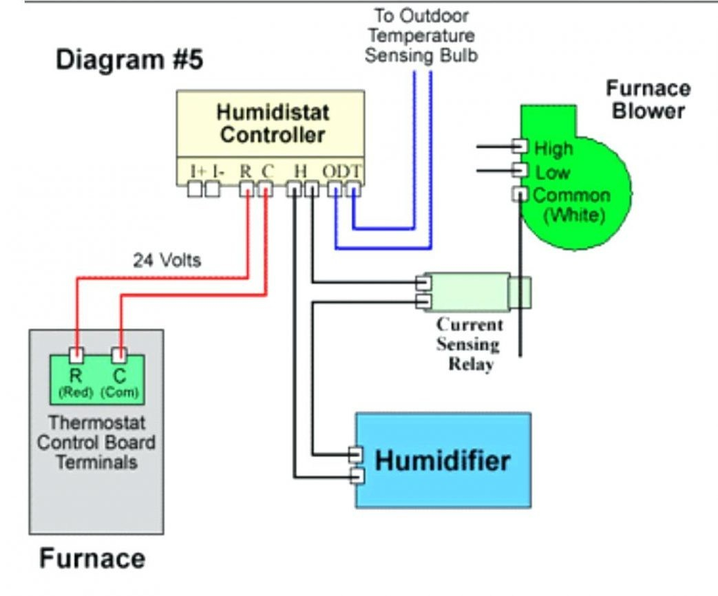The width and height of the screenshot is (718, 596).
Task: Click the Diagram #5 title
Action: (x=129, y=60)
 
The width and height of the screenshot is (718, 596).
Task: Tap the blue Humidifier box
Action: (x=443, y=460)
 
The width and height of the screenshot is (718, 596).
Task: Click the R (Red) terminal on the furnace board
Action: (x=77, y=355)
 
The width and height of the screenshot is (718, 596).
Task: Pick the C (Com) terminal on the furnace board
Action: (x=120, y=355)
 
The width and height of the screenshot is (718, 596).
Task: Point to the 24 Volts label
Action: (x=167, y=260)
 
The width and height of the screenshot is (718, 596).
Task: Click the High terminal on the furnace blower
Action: (x=520, y=147)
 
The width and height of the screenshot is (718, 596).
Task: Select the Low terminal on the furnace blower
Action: (x=520, y=170)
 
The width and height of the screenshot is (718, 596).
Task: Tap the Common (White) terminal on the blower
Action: (x=520, y=194)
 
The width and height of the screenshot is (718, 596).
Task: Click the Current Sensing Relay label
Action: (x=470, y=344)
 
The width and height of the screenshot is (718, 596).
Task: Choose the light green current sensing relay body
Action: (x=468, y=290)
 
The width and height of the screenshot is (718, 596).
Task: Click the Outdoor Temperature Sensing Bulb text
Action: (x=421, y=35)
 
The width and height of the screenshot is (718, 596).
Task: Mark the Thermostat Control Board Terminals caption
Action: (x=96, y=442)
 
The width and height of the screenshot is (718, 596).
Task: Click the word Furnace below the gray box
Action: (x=92, y=558)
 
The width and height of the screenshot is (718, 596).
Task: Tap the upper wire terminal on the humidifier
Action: (x=356, y=455)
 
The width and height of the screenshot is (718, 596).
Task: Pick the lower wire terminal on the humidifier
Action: (x=356, y=476)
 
